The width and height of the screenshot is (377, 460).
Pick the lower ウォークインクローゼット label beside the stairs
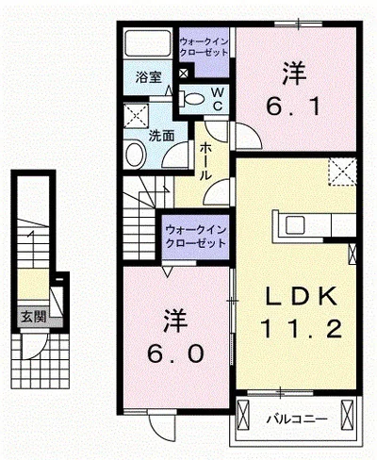tap(195, 236)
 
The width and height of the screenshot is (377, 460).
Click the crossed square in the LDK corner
tap(341, 172)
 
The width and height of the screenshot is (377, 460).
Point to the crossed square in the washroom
tap(136, 119)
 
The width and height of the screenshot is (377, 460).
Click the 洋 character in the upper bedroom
tap(294, 72)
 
